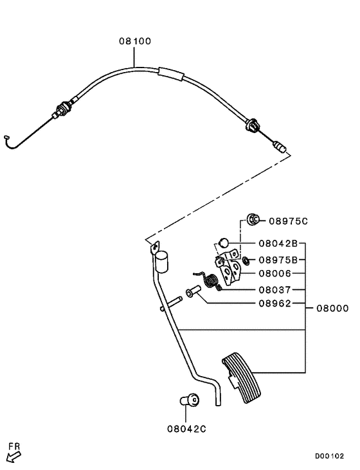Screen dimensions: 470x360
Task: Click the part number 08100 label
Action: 135,41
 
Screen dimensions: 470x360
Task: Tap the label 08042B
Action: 278,244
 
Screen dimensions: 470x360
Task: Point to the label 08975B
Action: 278,260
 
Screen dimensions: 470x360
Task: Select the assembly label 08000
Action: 332,308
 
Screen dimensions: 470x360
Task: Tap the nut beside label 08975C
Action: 253,221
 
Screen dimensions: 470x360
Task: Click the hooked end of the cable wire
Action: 8,137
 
